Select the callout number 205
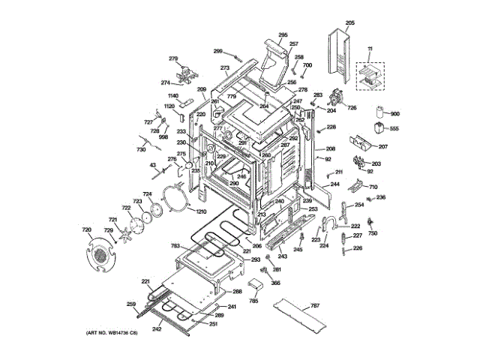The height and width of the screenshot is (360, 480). [349, 22]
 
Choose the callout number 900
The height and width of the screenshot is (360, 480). [395, 114]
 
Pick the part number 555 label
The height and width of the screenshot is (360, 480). [394, 129]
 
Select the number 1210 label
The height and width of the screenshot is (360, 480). [200, 212]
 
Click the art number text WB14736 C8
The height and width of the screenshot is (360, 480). [107, 332]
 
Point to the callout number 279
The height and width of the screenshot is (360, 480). [172, 58]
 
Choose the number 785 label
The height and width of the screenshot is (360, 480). [253, 301]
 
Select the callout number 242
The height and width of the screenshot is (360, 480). [156, 328]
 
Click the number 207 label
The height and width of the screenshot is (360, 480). [382, 146]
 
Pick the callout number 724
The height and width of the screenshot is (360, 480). [148, 194]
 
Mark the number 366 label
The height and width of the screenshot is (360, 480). [275, 283]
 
